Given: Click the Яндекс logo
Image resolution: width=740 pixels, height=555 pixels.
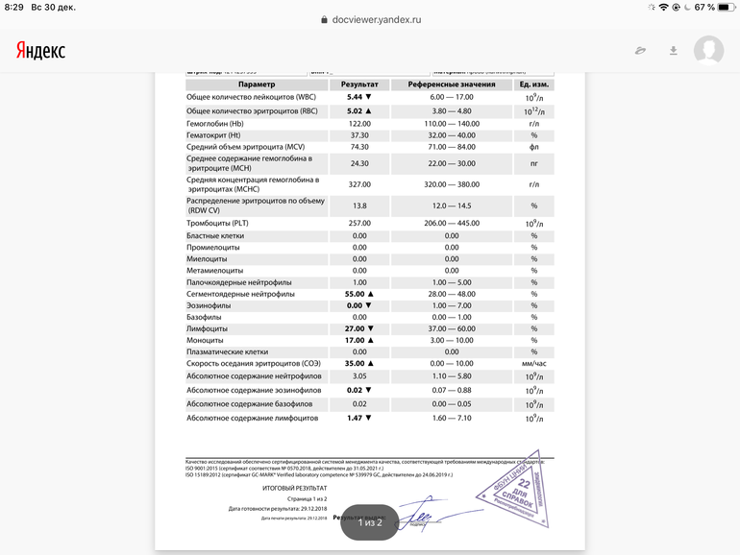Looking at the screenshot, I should (40, 50).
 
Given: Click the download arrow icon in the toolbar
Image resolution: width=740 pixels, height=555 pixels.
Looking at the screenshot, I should (674, 50).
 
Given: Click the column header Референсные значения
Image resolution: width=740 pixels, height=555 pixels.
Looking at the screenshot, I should (451, 84).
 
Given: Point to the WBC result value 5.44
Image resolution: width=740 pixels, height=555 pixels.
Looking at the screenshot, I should (355, 98).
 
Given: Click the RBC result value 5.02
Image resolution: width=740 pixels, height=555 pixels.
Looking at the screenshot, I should (355, 111).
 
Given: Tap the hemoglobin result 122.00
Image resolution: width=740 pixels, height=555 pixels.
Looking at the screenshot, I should (359, 124).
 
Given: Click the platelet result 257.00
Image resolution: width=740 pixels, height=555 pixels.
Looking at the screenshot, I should (359, 223).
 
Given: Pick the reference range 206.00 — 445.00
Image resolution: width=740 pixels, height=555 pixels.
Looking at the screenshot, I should (451, 223).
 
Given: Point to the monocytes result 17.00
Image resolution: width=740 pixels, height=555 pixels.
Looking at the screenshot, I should (355, 340).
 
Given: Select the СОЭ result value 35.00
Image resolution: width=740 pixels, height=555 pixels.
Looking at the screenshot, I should (355, 364).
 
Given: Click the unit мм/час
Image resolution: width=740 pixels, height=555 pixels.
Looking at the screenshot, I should (533, 364).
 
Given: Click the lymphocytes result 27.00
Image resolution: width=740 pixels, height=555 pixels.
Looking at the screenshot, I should (355, 328).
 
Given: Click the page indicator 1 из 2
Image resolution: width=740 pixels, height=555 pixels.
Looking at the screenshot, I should (370, 522).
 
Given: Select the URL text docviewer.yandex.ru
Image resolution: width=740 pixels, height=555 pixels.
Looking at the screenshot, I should (375, 19).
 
